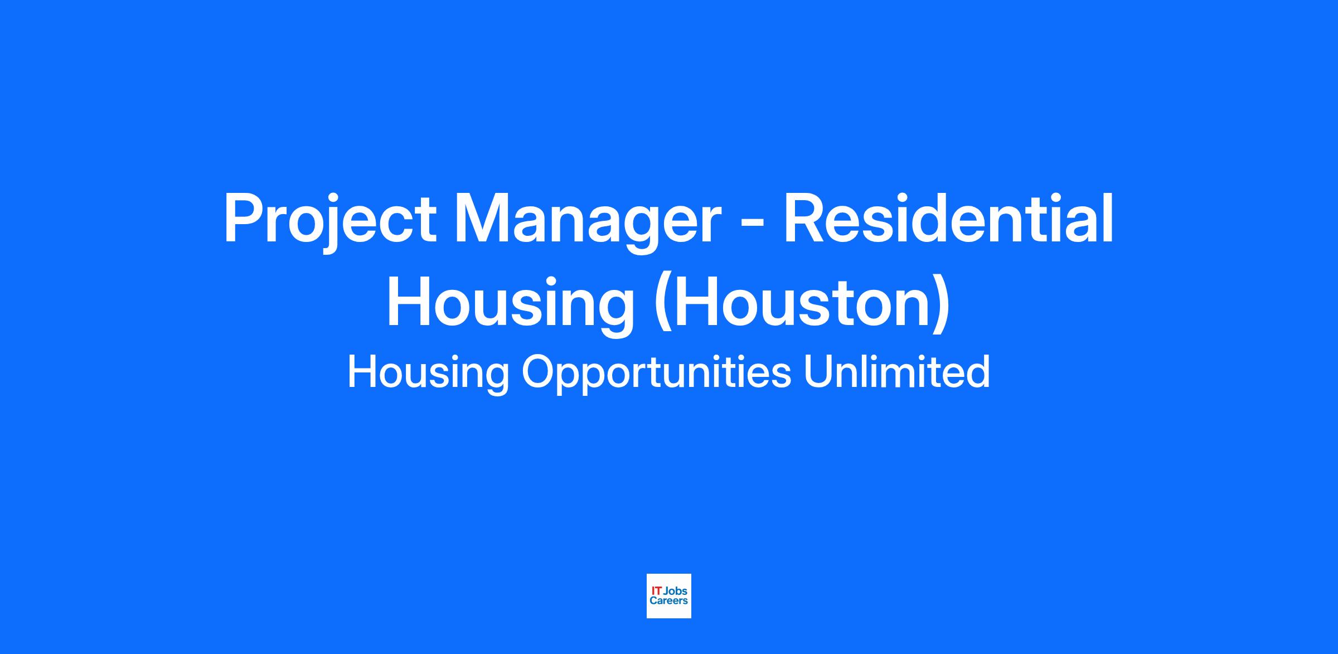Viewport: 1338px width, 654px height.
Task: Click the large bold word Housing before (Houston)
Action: pyautogui.click(x=511, y=304)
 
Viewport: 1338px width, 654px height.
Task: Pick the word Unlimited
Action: pyautogui.click(x=897, y=371)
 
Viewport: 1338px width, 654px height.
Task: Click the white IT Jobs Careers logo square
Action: pyautogui.click(x=669, y=596)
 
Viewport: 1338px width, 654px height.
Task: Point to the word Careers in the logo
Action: pyautogui.click(x=669, y=601)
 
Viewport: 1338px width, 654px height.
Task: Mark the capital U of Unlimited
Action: pyautogui.click(x=818, y=372)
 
